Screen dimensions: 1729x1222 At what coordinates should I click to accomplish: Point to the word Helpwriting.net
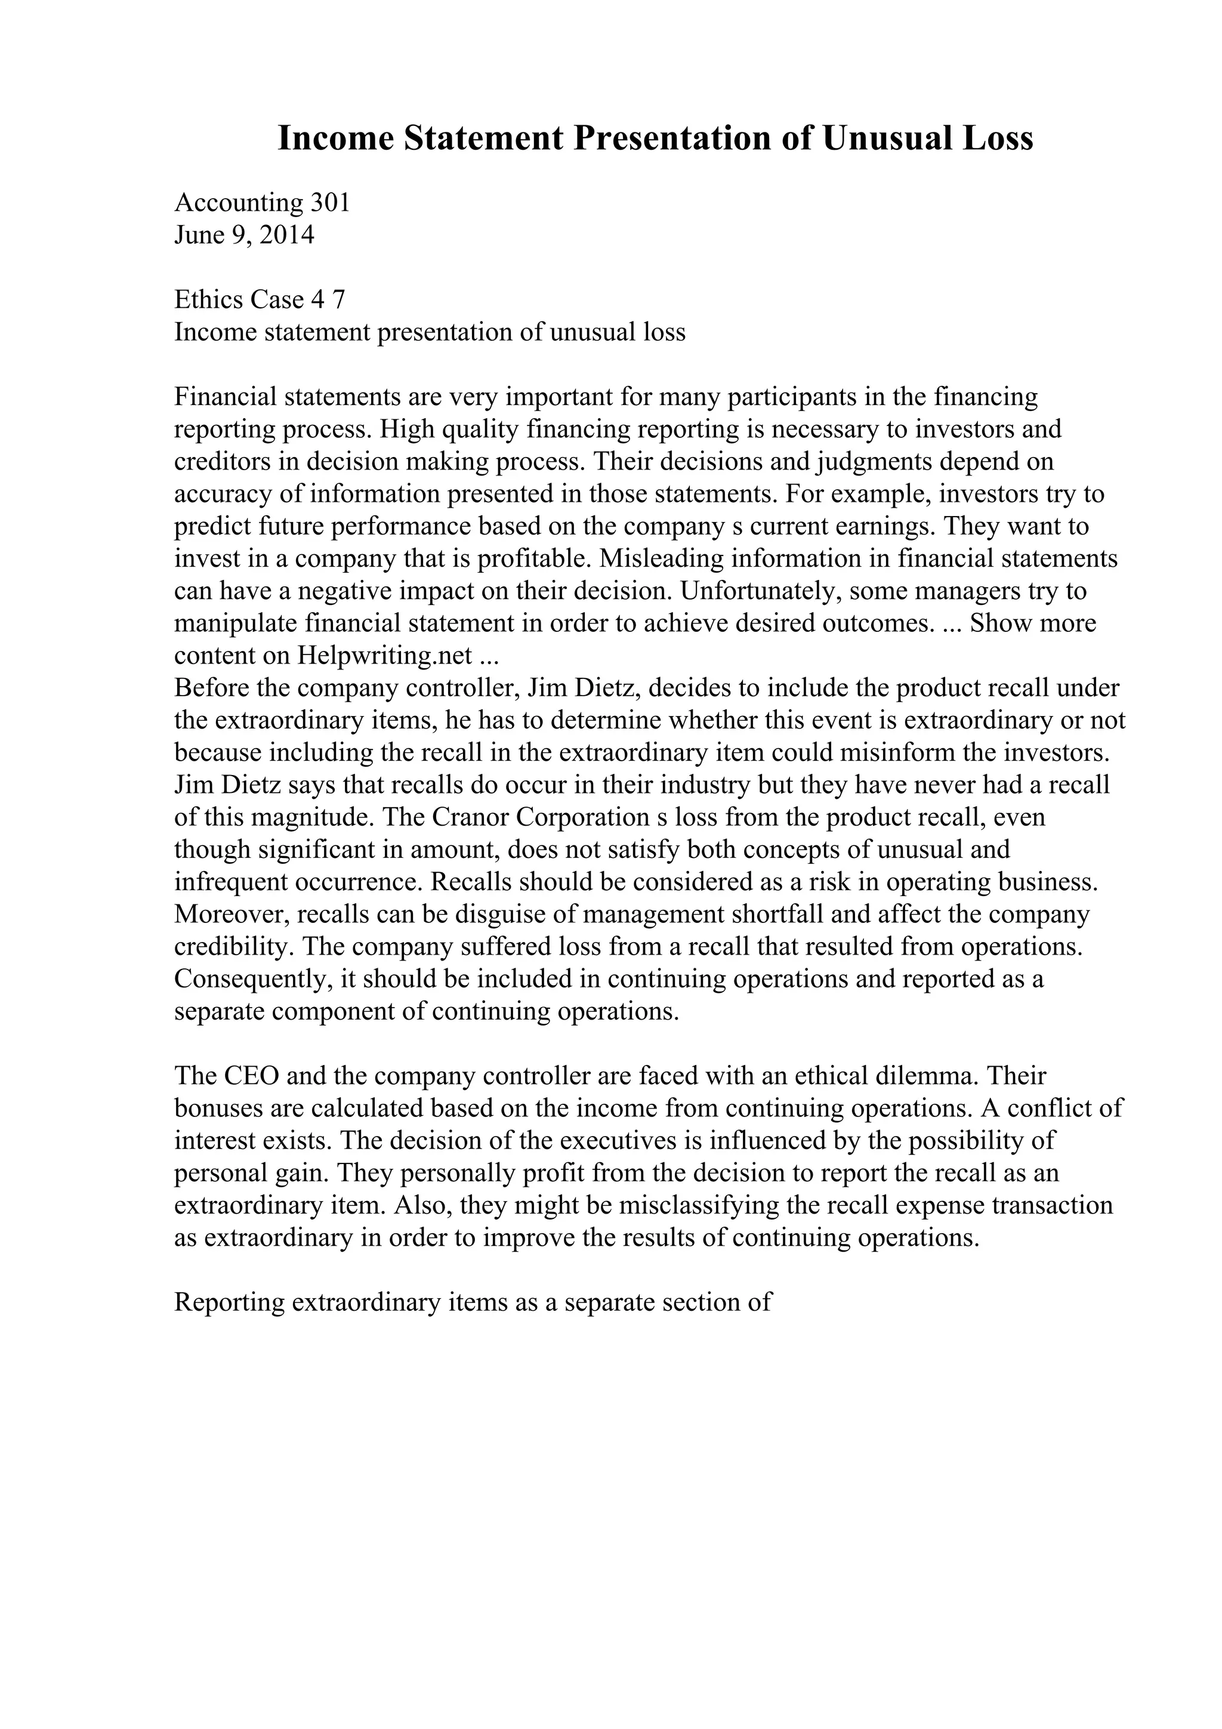385,656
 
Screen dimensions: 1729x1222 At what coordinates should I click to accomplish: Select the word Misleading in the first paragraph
662,559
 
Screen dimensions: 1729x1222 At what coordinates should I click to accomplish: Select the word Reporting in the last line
229,1303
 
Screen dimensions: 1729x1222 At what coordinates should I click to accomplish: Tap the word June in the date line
199,235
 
